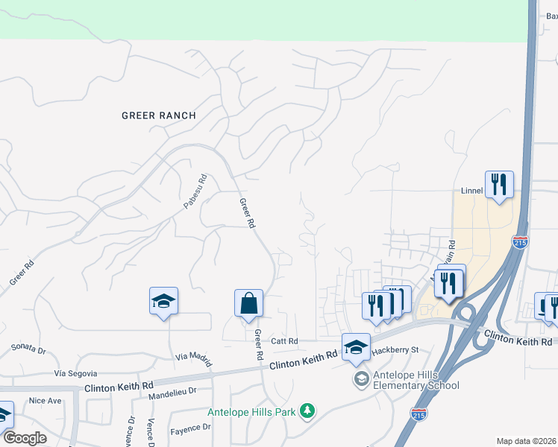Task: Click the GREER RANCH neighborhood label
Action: [x=159, y=115]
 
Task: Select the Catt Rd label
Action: [x=284, y=341]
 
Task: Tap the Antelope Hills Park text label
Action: [x=252, y=411]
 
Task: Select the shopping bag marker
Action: [x=248, y=304]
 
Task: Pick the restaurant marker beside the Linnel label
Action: [x=498, y=184]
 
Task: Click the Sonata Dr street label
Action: [x=28, y=348]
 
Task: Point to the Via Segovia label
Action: [x=76, y=372]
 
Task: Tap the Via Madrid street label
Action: [x=192, y=357]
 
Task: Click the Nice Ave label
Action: [x=45, y=400]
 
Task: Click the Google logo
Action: [x=25, y=438]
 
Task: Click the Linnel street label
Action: [x=471, y=191]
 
